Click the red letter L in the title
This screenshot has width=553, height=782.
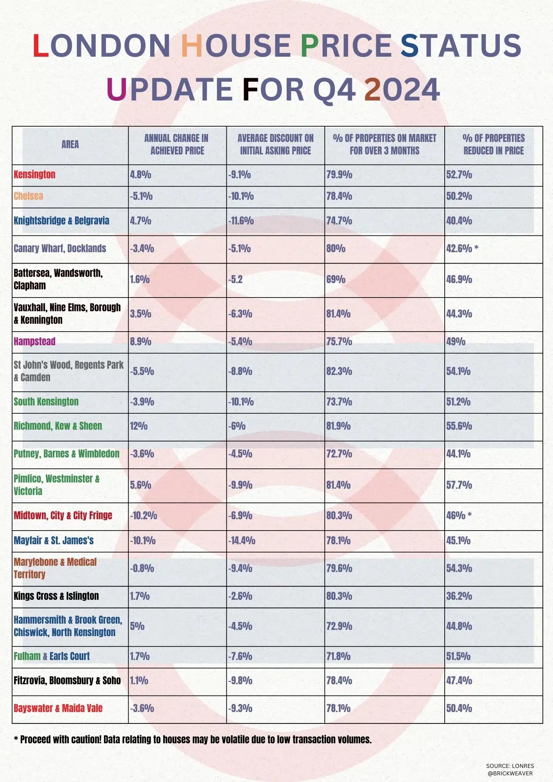[x=41, y=45]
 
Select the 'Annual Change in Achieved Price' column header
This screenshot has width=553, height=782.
[x=177, y=144]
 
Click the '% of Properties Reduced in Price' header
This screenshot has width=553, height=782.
[x=493, y=144]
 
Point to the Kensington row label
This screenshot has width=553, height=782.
[x=34, y=174]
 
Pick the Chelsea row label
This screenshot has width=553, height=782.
[x=29, y=196]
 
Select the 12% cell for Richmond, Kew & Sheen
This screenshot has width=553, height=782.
[x=139, y=426]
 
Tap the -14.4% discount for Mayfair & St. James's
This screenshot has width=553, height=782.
[x=242, y=541]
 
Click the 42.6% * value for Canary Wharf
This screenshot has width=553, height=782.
[x=462, y=248]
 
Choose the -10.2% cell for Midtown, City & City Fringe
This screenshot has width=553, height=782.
[x=144, y=516]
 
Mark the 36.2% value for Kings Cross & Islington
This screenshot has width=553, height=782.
[x=459, y=596]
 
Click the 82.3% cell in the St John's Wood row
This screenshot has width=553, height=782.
[x=339, y=371]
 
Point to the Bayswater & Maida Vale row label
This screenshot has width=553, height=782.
[x=58, y=708]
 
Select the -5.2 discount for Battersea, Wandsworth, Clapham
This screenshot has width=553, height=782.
[x=235, y=280]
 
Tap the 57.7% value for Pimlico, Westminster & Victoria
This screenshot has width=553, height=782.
[x=459, y=485]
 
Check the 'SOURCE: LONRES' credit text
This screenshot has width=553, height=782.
[x=510, y=766]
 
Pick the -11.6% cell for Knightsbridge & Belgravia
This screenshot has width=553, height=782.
[x=241, y=221]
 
